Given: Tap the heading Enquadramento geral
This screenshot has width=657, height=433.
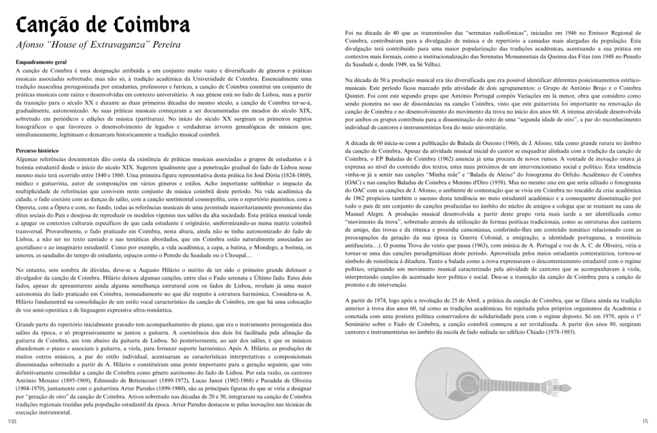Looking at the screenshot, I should click(x=42, y=62).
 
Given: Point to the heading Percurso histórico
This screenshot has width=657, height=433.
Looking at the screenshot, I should click(x=37, y=149).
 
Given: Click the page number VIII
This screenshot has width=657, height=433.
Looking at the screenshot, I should click(x=12, y=421).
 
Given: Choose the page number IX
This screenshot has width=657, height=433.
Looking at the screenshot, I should click(x=645, y=421).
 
